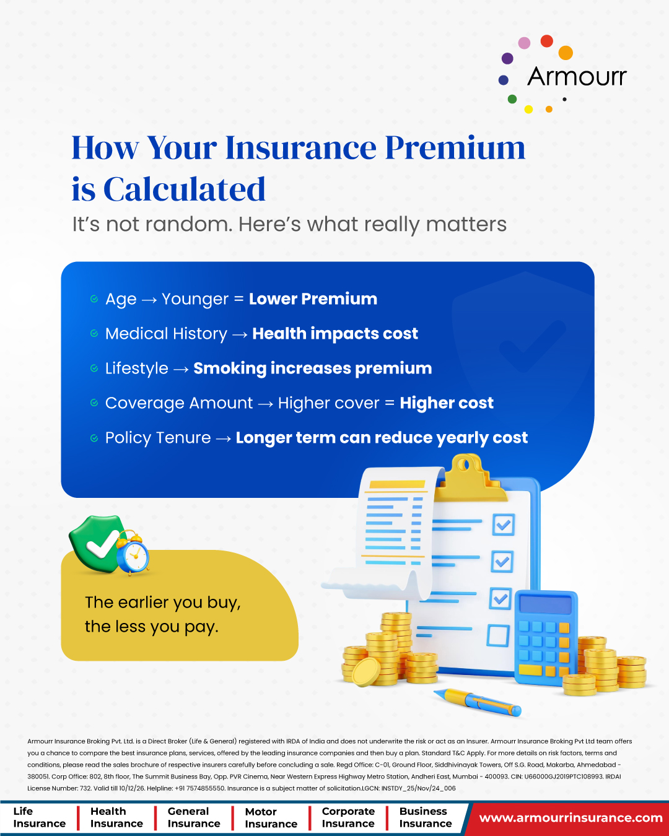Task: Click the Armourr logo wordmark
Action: click(577, 76)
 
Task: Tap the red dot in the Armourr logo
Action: click(546, 41)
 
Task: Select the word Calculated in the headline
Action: click(184, 189)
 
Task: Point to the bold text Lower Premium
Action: click(313, 298)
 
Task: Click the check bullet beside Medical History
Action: click(94, 333)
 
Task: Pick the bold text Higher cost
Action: click(447, 403)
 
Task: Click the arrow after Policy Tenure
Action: click(224, 438)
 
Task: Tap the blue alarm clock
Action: click(133, 553)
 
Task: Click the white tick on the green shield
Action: click(102, 544)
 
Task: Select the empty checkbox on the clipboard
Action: click(498, 635)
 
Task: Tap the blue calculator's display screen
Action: click(545, 604)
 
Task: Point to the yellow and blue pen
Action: click(477, 701)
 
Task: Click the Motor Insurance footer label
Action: click(271, 817)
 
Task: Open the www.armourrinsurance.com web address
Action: click(571, 818)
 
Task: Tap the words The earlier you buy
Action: click(163, 603)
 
